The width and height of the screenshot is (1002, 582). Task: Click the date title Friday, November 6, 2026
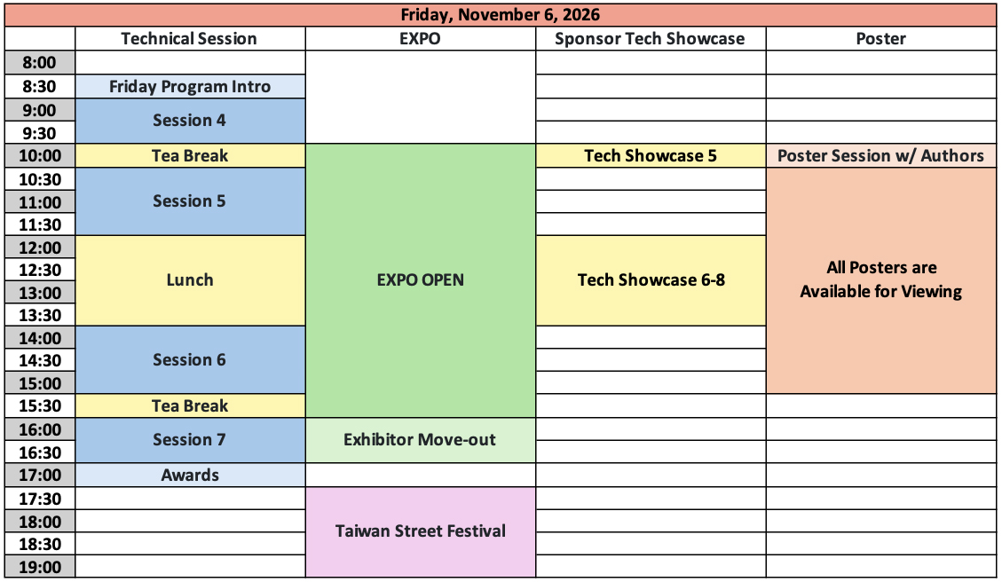click(501, 15)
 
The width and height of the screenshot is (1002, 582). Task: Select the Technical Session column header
click(189, 38)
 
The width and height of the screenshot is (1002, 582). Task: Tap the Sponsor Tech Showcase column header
click(650, 38)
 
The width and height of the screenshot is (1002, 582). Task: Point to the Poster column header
click(880, 38)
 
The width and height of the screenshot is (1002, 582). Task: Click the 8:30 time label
click(40, 86)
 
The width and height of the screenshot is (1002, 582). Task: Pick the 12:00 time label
click(40, 248)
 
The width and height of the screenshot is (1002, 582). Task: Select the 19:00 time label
click(40, 567)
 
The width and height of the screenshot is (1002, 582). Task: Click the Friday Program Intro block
click(191, 86)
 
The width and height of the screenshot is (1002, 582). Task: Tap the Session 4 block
click(191, 121)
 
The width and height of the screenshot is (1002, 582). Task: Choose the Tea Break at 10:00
click(191, 156)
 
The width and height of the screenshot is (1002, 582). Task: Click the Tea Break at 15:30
click(191, 405)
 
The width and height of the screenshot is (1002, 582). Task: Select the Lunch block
click(191, 280)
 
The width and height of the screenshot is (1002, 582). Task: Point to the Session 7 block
click(191, 440)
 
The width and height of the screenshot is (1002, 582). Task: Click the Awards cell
click(191, 475)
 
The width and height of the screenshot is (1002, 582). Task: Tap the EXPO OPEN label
click(421, 279)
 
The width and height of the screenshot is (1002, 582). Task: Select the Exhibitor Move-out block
click(421, 440)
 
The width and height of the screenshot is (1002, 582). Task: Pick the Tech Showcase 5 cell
click(651, 156)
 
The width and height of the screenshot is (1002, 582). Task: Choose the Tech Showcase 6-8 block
click(651, 280)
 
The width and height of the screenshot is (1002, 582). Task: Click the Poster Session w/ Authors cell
click(881, 156)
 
